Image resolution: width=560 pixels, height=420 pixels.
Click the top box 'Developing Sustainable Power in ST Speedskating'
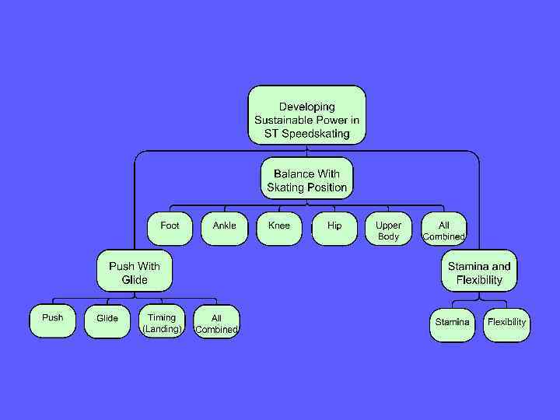click(x=306, y=115)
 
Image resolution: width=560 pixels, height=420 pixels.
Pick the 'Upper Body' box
click(x=388, y=229)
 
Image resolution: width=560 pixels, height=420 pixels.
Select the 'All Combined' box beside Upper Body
click(x=443, y=229)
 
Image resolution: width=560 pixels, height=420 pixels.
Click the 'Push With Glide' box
click(x=135, y=271)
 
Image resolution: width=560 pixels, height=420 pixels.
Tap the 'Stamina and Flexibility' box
click(x=479, y=271)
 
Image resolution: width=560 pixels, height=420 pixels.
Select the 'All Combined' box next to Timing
click(x=216, y=322)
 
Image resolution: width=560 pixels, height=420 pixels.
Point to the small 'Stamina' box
click(x=452, y=323)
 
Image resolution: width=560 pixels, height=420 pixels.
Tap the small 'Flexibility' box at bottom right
click(x=506, y=323)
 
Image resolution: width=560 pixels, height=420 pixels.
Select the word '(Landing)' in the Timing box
click(x=162, y=329)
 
